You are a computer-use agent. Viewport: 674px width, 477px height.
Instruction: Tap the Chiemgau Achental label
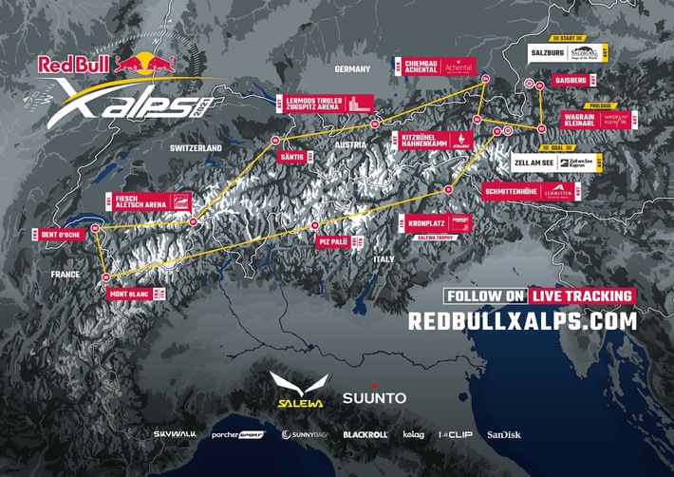coord(411,65)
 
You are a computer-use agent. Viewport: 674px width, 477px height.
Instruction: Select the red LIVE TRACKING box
coord(581,296)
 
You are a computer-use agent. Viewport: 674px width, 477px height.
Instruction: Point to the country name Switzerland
coord(195,149)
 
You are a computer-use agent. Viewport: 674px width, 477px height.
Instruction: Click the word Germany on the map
coord(351,69)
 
